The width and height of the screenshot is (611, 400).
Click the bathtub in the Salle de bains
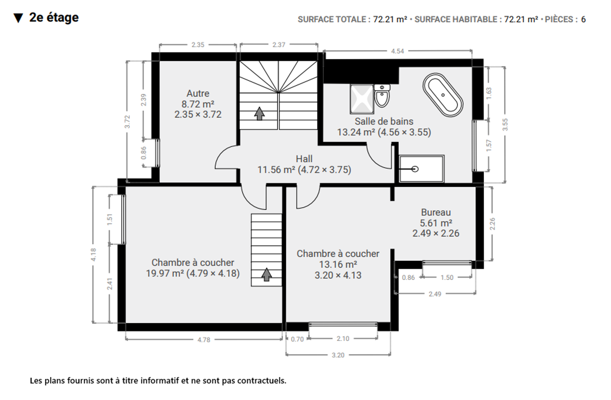point(443,95)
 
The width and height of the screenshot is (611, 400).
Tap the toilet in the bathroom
point(382,96)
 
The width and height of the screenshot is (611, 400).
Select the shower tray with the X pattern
point(362,99)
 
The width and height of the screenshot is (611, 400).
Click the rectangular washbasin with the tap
point(422,169)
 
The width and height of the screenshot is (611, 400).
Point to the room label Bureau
point(436,212)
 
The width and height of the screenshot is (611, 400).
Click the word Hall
point(304,159)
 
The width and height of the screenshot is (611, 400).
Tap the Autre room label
point(198,93)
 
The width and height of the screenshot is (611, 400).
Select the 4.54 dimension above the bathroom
point(397,51)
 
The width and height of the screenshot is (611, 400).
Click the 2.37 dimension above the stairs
point(279,45)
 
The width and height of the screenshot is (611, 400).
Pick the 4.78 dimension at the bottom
point(204,340)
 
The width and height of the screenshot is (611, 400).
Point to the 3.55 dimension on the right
point(505,125)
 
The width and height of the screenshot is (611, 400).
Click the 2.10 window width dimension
point(343,339)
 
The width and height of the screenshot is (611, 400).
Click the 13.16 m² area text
point(338,264)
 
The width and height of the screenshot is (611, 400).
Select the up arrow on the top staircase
point(259,113)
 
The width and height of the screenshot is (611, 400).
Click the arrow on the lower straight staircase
point(266,275)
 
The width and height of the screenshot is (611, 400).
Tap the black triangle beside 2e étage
point(18,18)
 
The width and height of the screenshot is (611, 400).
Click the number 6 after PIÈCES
point(583,20)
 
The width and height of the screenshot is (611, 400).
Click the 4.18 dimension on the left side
point(93,255)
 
